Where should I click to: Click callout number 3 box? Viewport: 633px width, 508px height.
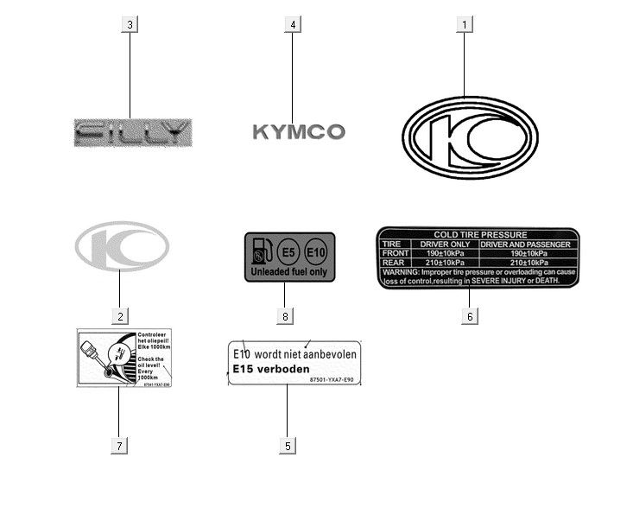pyautogui.click(x=130, y=24)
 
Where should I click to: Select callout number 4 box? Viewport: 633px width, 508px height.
pyautogui.click(x=293, y=24)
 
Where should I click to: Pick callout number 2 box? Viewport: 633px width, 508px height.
pyautogui.click(x=120, y=316)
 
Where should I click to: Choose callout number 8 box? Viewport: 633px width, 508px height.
pyautogui.click(x=284, y=316)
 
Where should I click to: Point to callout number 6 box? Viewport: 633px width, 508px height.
pyautogui.click(x=469, y=316)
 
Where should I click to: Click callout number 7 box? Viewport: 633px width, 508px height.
pyautogui.click(x=120, y=446)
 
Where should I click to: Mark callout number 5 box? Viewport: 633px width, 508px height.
pyautogui.click(x=288, y=446)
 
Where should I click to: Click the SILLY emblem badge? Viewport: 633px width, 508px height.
pyautogui.click(x=132, y=132)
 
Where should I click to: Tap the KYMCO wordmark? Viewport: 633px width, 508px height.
pyautogui.click(x=299, y=132)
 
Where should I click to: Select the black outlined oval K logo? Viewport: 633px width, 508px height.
pyautogui.click(x=470, y=138)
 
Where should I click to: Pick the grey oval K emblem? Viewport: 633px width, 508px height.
pyautogui.click(x=122, y=246)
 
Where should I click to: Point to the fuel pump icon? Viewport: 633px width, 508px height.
pyautogui.click(x=260, y=251)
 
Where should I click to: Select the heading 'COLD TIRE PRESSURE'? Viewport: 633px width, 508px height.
pyautogui.click(x=478, y=235)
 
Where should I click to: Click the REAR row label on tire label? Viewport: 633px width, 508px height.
pyautogui.click(x=394, y=263)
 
